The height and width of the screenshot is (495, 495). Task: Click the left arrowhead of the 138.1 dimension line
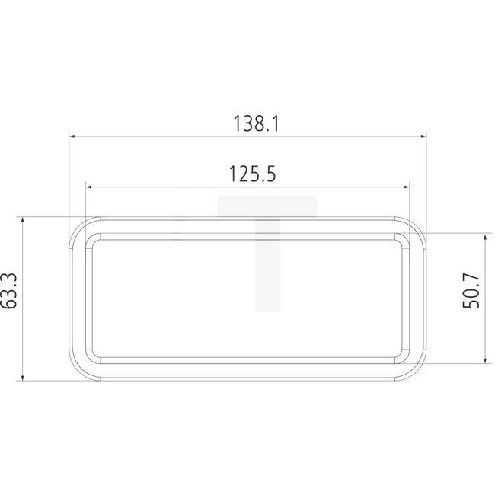73,136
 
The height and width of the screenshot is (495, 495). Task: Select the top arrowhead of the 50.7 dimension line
484,238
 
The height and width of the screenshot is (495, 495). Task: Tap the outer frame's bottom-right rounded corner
418,372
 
